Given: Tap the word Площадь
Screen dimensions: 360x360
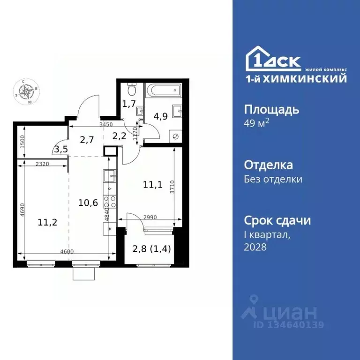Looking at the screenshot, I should pos(271,110).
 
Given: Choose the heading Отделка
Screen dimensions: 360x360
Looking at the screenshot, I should pos(269,165).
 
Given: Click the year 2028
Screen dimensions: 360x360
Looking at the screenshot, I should pos(255,247).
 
